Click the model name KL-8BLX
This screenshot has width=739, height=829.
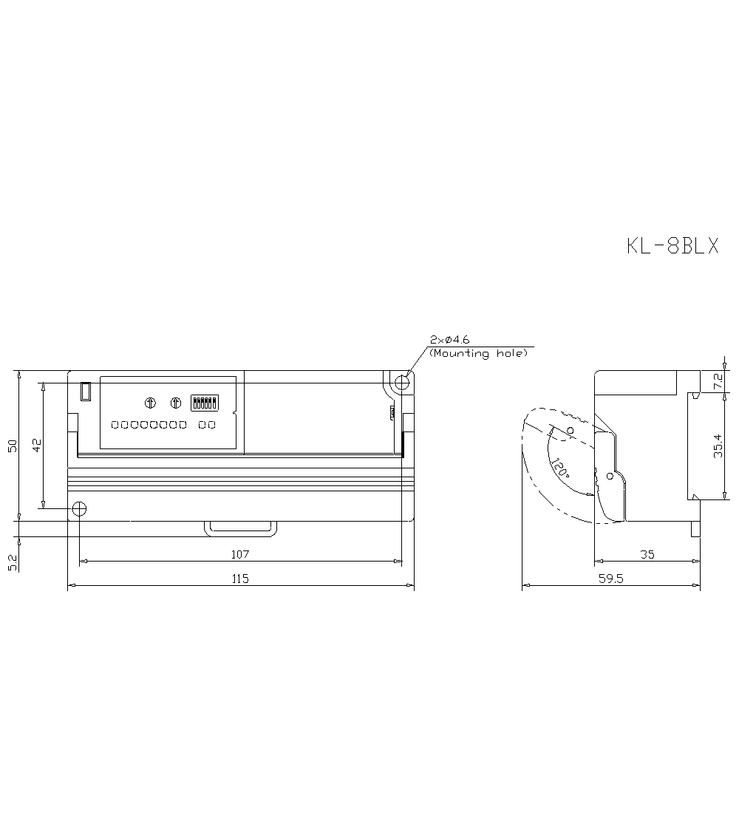pos(672,246)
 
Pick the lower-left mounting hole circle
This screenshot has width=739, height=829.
pos(79,509)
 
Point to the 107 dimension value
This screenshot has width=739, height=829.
pos(240,554)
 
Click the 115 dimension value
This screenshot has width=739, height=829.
pos(240,579)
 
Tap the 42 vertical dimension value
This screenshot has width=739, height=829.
pos(36,446)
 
